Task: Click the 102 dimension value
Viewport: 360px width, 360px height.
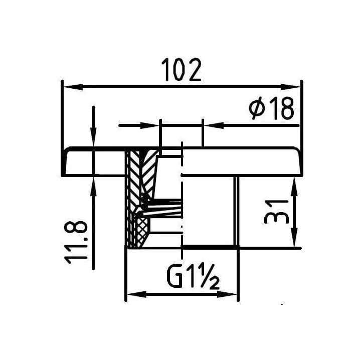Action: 181,70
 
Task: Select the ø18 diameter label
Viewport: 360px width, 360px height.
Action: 271,108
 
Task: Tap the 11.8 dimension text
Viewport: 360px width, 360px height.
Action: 76,242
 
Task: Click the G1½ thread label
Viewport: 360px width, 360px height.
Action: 193,276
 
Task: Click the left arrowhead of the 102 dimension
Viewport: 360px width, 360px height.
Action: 73,87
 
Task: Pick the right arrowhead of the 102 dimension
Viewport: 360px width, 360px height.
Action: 290,87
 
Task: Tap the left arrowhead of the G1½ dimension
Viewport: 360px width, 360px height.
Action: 137,294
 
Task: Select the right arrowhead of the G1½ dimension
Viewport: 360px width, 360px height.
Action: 227,294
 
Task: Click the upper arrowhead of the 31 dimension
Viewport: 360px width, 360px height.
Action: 294,187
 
